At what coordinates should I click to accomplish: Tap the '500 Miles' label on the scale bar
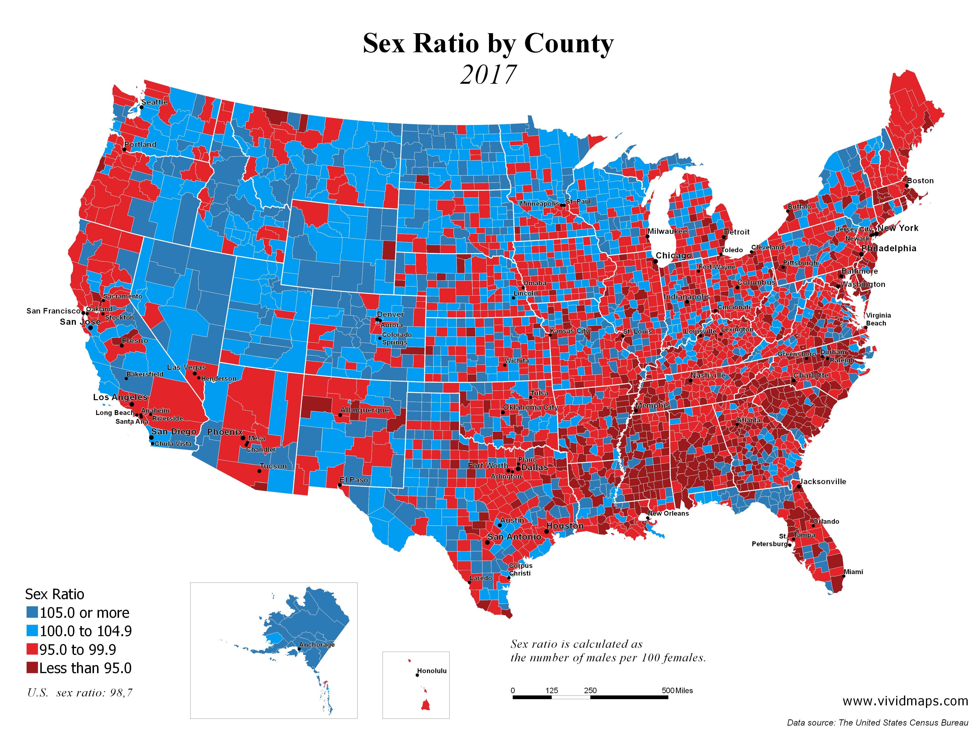(677, 691)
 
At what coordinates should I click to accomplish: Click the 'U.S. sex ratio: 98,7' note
(79, 693)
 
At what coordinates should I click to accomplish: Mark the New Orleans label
(668, 513)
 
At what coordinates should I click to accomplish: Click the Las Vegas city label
(186, 367)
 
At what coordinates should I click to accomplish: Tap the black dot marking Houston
(546, 532)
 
